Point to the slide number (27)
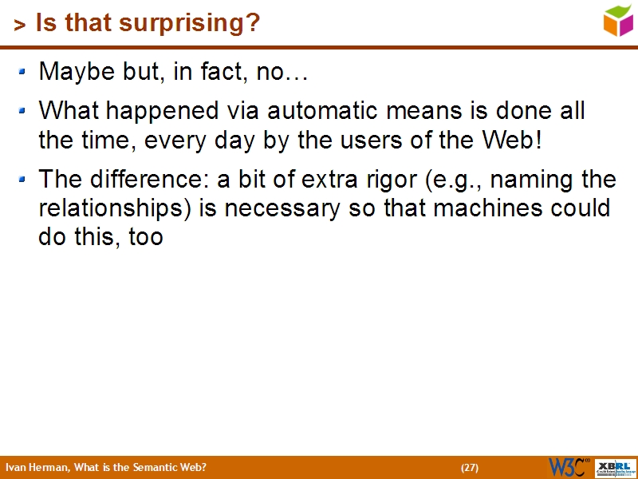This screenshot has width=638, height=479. [470, 468]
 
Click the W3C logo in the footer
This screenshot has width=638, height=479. [569, 467]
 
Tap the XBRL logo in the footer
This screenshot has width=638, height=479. [616, 467]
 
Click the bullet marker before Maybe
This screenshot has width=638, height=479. [23, 72]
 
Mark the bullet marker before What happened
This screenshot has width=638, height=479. [23, 110]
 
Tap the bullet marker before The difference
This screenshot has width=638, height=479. [23, 179]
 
